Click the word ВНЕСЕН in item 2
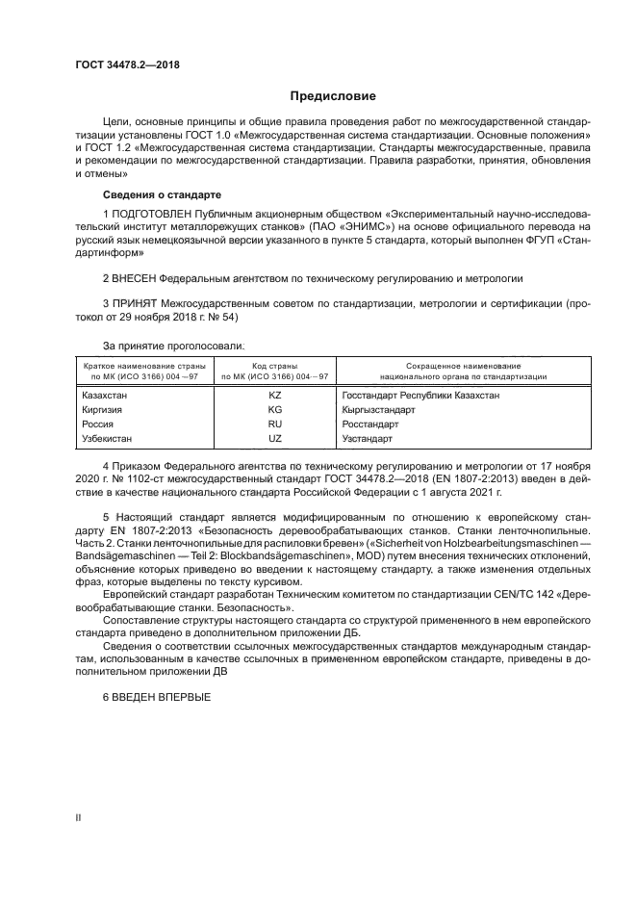pyautogui.click(x=141, y=277)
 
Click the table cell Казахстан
pyautogui.click(x=105, y=395)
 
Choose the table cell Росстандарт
pyautogui.click(x=369, y=424)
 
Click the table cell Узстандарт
pyautogui.click(x=368, y=438)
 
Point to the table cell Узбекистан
pyautogui.click(x=109, y=438)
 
